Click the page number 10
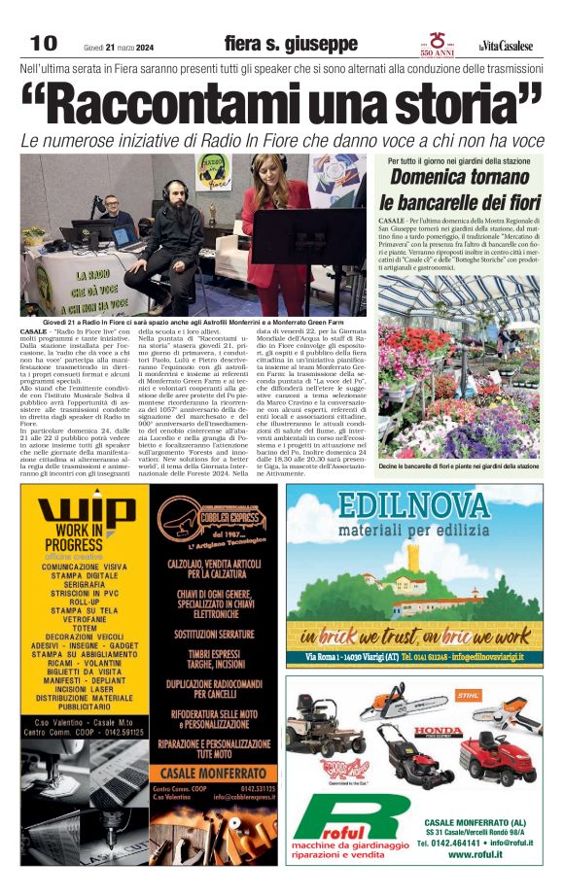44,44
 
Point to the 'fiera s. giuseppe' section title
290,44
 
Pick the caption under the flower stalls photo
458,466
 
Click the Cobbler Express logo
216,519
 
